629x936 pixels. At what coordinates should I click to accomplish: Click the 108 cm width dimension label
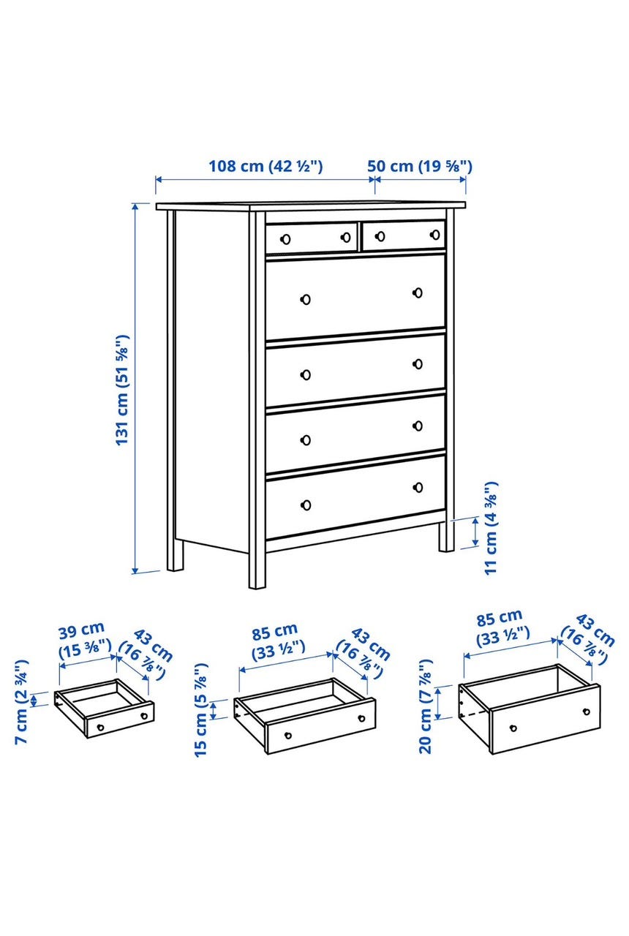coord(265,166)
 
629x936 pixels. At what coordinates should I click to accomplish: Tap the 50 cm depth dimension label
coord(420,166)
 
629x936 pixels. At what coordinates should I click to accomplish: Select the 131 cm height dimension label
coord(122,390)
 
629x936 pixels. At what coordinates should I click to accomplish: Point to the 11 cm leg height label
coord(491,528)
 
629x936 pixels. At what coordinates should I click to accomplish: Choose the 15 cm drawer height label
coord(201,709)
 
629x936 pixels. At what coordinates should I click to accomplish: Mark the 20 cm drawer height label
coord(425,706)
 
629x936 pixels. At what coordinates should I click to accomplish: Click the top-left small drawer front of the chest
coord(312,238)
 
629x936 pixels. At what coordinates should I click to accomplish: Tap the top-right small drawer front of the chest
coord(404,235)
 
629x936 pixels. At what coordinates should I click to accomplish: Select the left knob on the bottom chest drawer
coord(306,505)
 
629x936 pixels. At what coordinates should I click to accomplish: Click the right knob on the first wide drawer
coord(418,293)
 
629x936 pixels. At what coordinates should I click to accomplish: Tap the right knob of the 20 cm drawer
coord(587,712)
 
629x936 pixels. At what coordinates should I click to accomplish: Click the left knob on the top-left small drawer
coord(286,239)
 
